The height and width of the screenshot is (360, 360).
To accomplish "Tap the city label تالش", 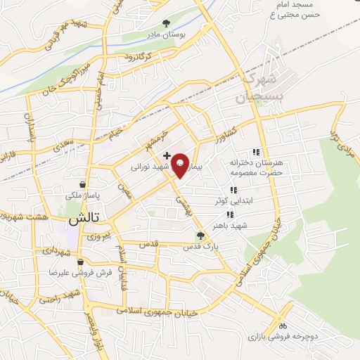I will [x=82, y=219].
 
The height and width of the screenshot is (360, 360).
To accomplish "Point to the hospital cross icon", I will [x=167, y=155].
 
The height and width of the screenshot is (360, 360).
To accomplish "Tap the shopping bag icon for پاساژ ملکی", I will [x=83, y=185].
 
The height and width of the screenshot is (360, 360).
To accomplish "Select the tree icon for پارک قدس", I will [x=201, y=236].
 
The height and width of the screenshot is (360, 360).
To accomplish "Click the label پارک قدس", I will [x=201, y=247].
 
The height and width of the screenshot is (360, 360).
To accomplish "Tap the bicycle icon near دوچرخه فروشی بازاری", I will [x=283, y=326].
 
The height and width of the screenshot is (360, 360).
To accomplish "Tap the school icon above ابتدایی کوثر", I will [x=232, y=190].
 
